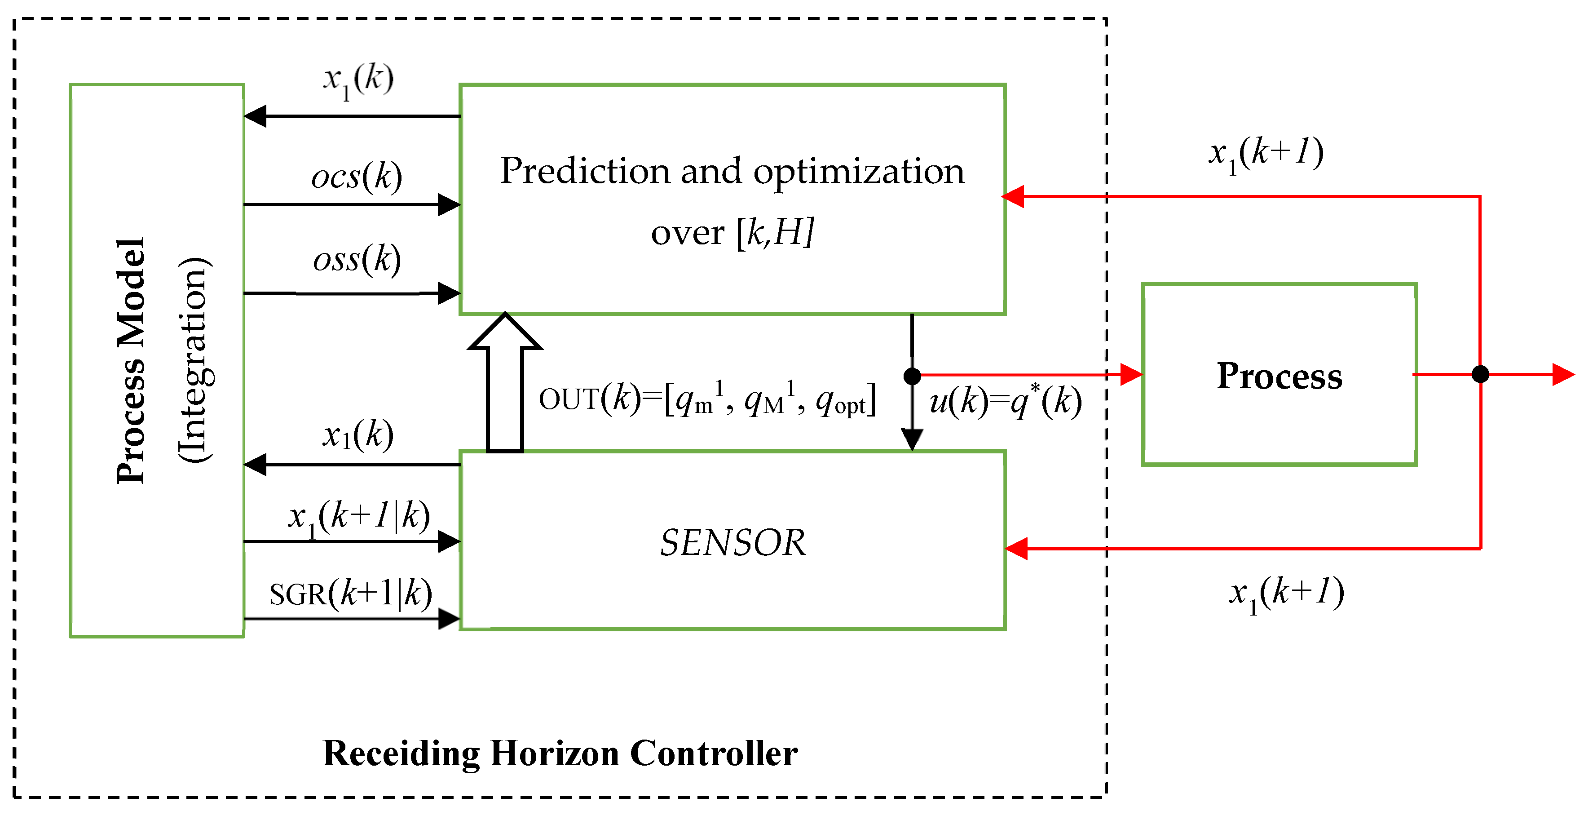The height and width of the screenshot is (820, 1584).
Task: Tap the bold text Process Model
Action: coord(131,361)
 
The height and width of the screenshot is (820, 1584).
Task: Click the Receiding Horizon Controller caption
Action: coord(560,753)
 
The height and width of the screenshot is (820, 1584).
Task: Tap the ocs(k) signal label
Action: coord(357,177)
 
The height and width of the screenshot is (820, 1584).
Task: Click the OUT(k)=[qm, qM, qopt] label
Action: coord(707,400)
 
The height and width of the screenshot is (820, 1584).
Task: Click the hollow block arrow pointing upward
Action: coord(505,381)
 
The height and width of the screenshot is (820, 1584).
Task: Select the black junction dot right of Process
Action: coord(1480,374)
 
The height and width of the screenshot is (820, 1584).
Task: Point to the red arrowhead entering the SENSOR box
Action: coord(1016,548)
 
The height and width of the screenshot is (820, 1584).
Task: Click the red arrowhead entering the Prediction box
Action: coord(1013,197)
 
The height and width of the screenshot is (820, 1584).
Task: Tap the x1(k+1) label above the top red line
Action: coord(1266,154)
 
